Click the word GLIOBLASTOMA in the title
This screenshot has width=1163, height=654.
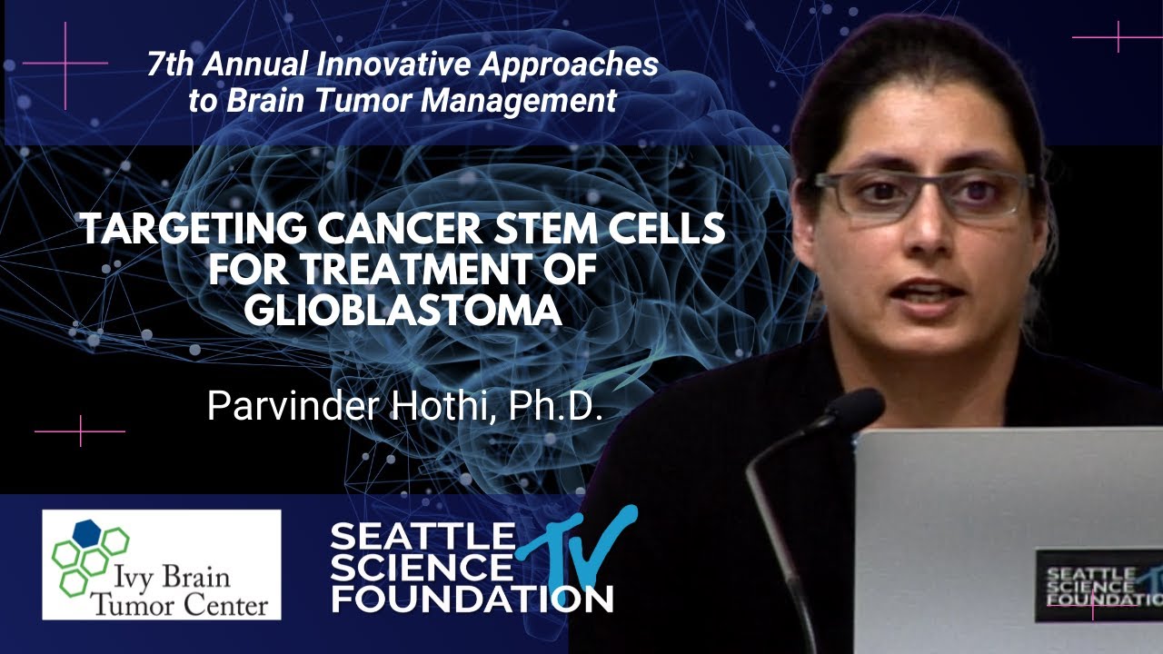(403, 310)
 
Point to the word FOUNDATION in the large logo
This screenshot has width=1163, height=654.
(472, 598)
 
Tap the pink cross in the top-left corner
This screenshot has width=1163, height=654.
(65, 63)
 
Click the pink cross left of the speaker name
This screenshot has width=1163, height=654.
(81, 431)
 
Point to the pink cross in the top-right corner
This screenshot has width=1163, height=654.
(1118, 37)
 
